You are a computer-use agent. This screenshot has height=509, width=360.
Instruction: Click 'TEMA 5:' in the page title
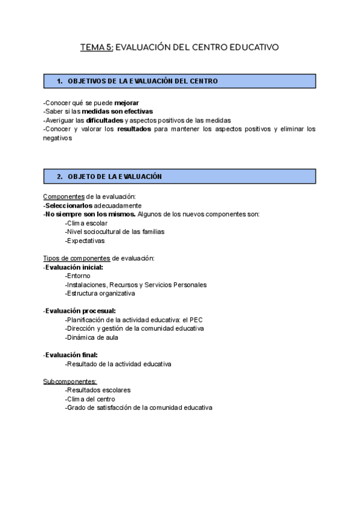pos(96,47)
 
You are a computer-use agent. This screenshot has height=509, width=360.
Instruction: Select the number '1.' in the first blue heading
pos(60,81)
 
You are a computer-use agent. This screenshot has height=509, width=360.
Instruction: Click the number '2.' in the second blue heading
pos(60,176)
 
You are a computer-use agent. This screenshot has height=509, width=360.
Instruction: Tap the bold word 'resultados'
pos(134,128)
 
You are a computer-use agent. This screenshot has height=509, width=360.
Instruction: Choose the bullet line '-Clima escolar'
pos(86,223)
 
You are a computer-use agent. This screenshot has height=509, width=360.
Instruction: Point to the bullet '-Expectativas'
pos(85,241)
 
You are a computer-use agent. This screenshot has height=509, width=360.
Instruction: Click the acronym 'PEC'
pos(196,320)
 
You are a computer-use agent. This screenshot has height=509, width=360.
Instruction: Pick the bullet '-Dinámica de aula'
pos(92,337)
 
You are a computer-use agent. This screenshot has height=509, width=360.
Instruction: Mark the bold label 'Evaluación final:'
pos(71,355)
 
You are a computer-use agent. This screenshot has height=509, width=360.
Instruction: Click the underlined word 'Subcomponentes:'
pos(70,381)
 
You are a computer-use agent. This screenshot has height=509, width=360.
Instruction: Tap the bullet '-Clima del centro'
pos(90,399)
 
